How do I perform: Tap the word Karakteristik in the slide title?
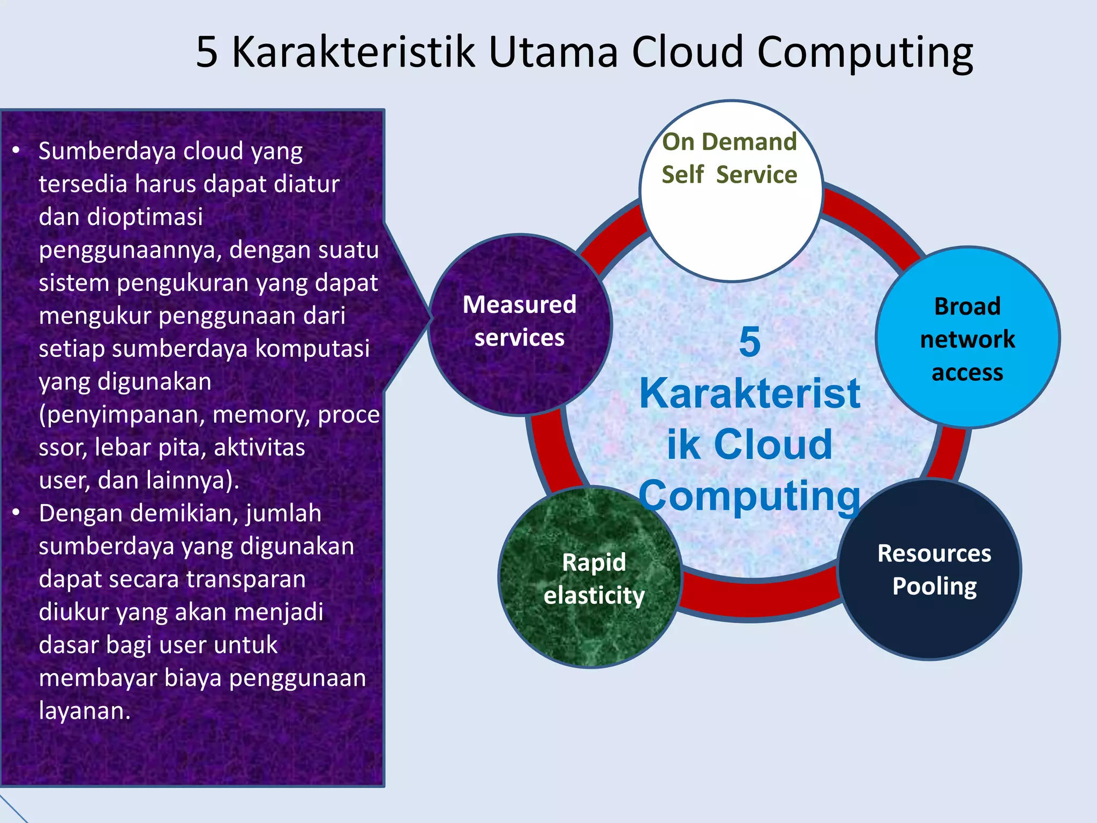click(x=353, y=52)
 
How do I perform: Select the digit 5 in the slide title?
click(x=207, y=52)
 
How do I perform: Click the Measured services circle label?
click(x=520, y=321)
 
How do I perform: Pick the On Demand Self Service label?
click(x=729, y=159)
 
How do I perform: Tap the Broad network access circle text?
click(x=967, y=339)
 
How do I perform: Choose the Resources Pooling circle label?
click(x=934, y=570)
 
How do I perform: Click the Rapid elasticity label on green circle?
click(x=593, y=579)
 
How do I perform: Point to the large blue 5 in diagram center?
click(x=749, y=342)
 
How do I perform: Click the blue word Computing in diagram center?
click(x=749, y=496)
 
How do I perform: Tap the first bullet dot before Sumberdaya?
click(x=17, y=151)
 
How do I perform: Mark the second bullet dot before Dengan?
click(x=17, y=513)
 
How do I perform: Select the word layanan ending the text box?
click(x=84, y=711)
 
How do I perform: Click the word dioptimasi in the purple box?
click(x=145, y=217)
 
